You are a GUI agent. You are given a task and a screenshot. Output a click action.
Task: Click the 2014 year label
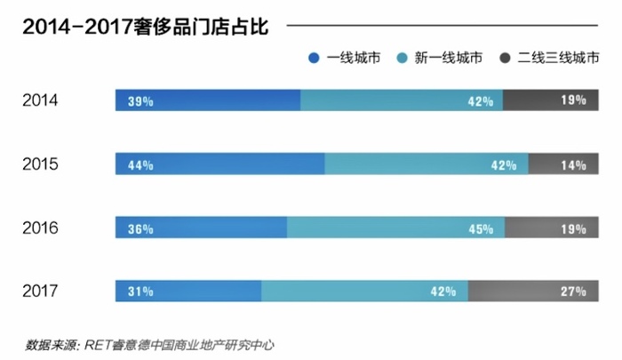point(40,100)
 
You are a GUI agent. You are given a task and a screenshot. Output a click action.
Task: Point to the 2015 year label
point(40,164)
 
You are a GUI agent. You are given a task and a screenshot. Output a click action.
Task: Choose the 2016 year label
point(40,228)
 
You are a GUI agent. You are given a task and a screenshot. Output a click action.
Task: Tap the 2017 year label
point(40,291)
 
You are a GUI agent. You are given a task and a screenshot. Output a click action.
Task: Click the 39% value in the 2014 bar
point(140,100)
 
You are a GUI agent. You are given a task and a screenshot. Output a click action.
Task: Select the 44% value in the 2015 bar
point(140,164)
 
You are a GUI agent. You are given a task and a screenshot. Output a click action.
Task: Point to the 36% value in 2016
point(140,228)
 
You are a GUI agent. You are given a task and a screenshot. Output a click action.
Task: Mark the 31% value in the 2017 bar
point(140,291)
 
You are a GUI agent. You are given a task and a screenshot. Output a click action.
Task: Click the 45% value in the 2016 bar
point(480,228)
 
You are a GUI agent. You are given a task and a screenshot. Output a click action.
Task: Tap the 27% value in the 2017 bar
point(573,291)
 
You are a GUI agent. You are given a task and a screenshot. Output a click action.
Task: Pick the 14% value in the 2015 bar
point(573,164)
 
